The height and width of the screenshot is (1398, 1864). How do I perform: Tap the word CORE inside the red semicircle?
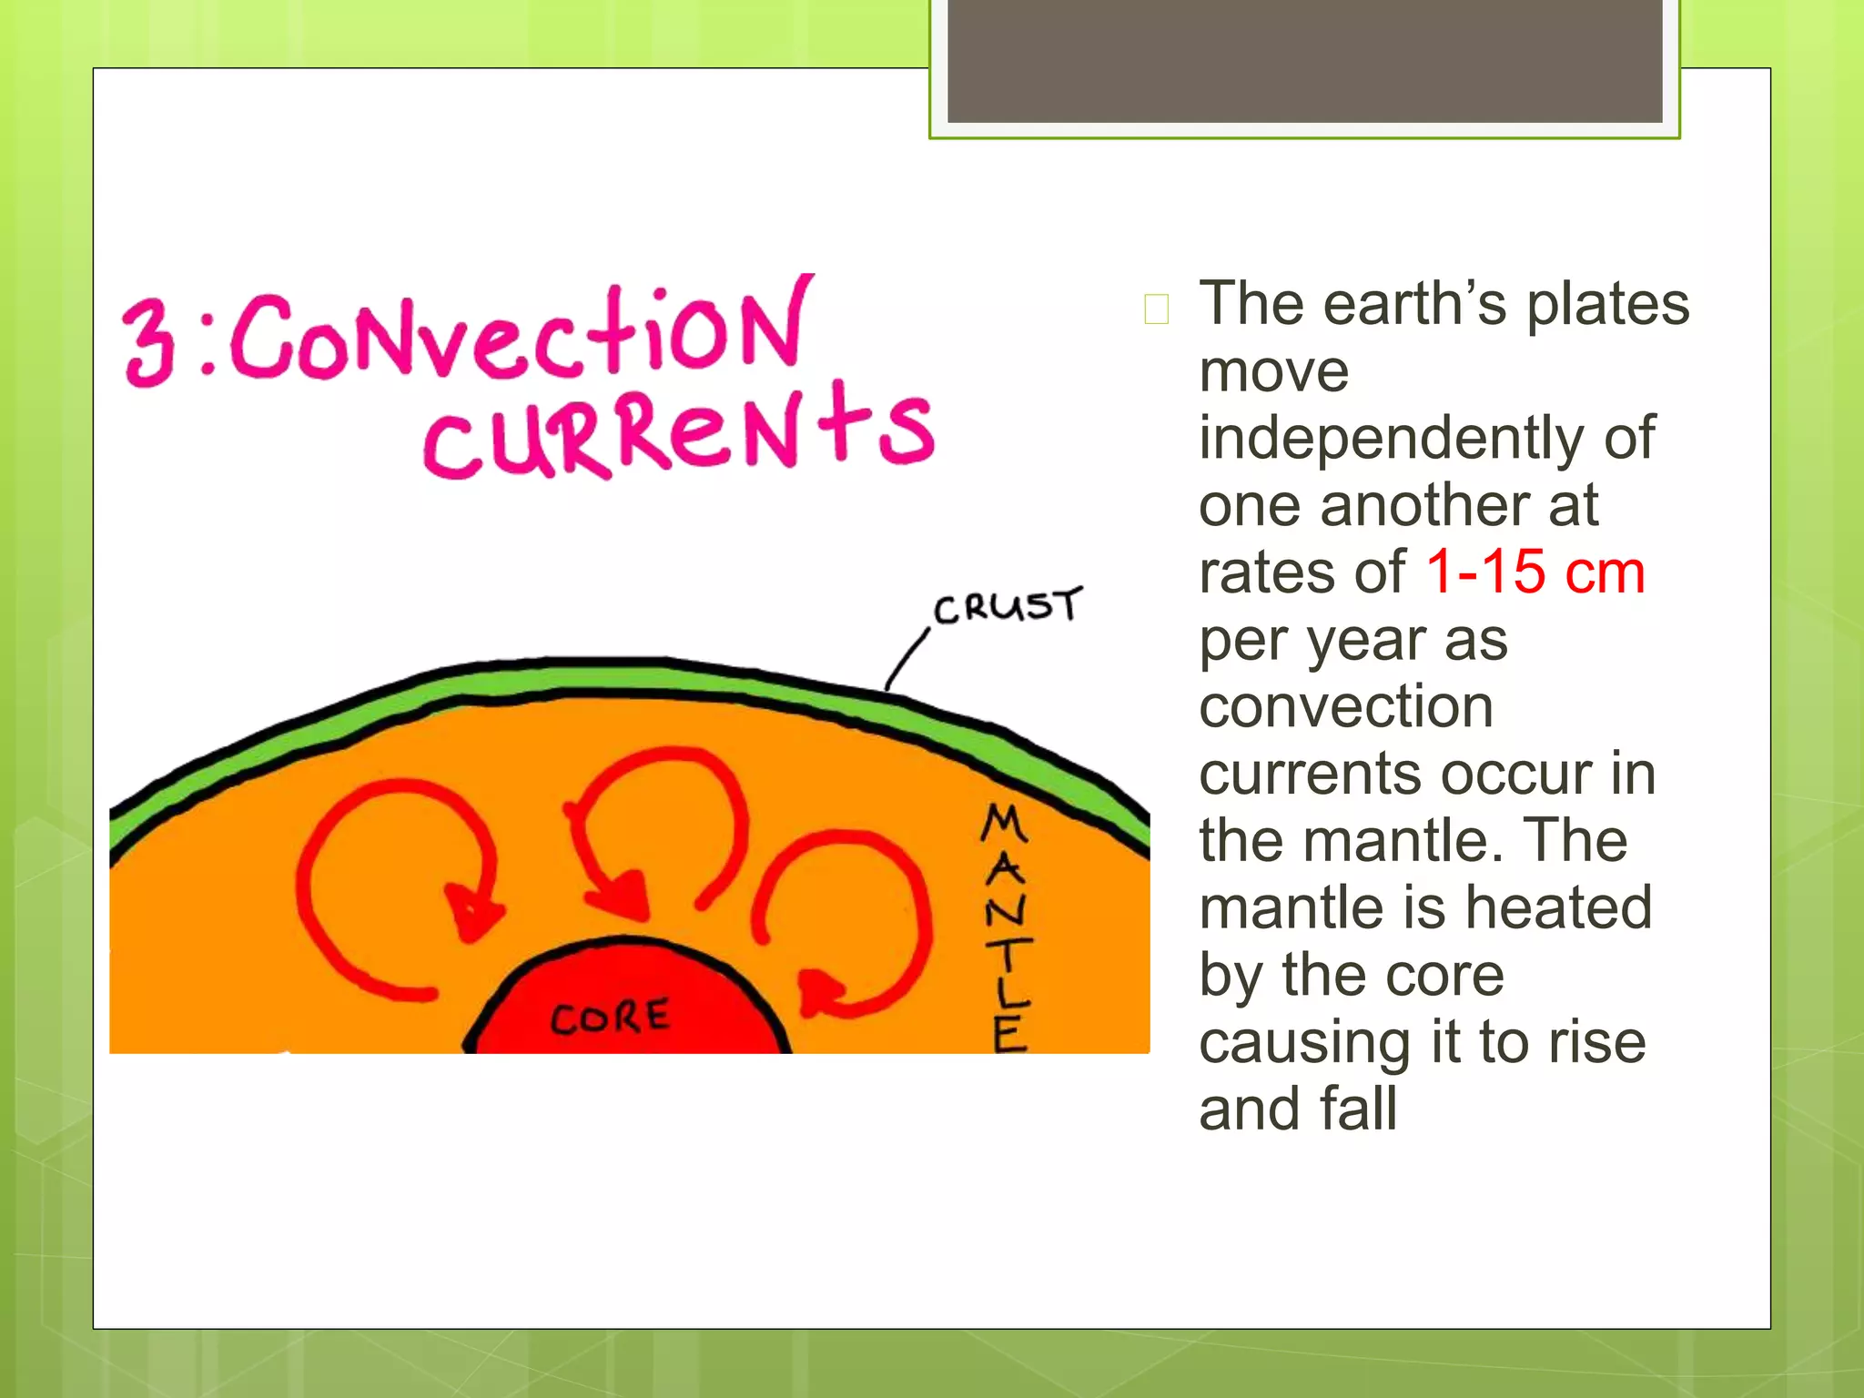[x=610, y=1017]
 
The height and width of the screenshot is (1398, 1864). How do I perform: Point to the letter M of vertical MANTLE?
[x=1004, y=824]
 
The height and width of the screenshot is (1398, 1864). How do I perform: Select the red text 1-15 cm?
[x=1535, y=572]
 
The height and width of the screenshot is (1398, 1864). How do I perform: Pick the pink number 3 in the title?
[x=149, y=343]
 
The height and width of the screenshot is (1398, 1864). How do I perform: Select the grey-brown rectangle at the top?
[x=1304, y=60]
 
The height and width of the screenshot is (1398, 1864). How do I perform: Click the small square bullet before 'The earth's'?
[x=1157, y=309]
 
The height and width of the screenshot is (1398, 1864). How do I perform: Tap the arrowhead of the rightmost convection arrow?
[x=820, y=992]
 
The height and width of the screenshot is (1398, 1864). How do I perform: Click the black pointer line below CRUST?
[x=906, y=659]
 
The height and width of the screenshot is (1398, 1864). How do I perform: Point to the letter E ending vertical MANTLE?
[x=1010, y=1035]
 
